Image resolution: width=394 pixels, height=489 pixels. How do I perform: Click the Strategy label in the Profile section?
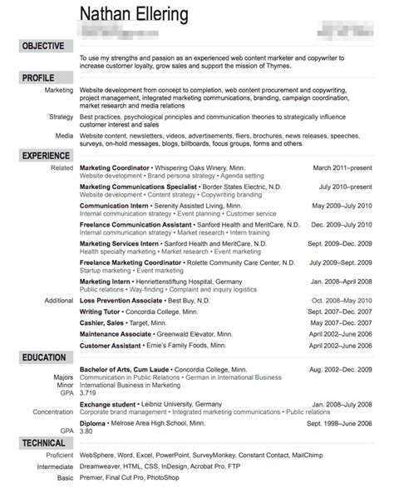[x=61, y=117]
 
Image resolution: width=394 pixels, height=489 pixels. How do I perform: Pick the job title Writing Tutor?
[x=102, y=312]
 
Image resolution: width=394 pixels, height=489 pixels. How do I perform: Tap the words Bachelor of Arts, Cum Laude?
[x=129, y=369]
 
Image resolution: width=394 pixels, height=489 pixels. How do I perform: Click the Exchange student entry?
[x=113, y=404]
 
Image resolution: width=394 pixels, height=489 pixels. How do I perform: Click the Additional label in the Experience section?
[x=58, y=300]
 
